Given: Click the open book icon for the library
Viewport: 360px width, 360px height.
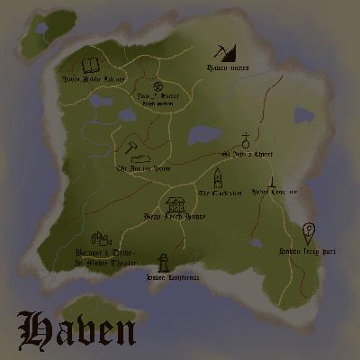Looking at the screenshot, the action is coord(90,65).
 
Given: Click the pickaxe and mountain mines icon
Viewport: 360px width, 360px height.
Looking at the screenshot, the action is coord(222,52).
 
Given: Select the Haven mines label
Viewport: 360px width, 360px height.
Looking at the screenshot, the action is coord(229,67).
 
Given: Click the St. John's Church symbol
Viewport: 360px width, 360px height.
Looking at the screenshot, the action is coord(244,141).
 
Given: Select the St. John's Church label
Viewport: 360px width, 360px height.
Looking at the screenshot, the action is coord(247,154).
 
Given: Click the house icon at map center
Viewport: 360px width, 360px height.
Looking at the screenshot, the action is coord(175,204).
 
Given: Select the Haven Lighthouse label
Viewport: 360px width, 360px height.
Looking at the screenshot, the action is coord(164,276).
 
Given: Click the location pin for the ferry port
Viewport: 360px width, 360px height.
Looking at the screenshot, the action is coord(309,232).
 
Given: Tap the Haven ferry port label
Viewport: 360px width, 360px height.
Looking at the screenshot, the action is coord(306,251).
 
